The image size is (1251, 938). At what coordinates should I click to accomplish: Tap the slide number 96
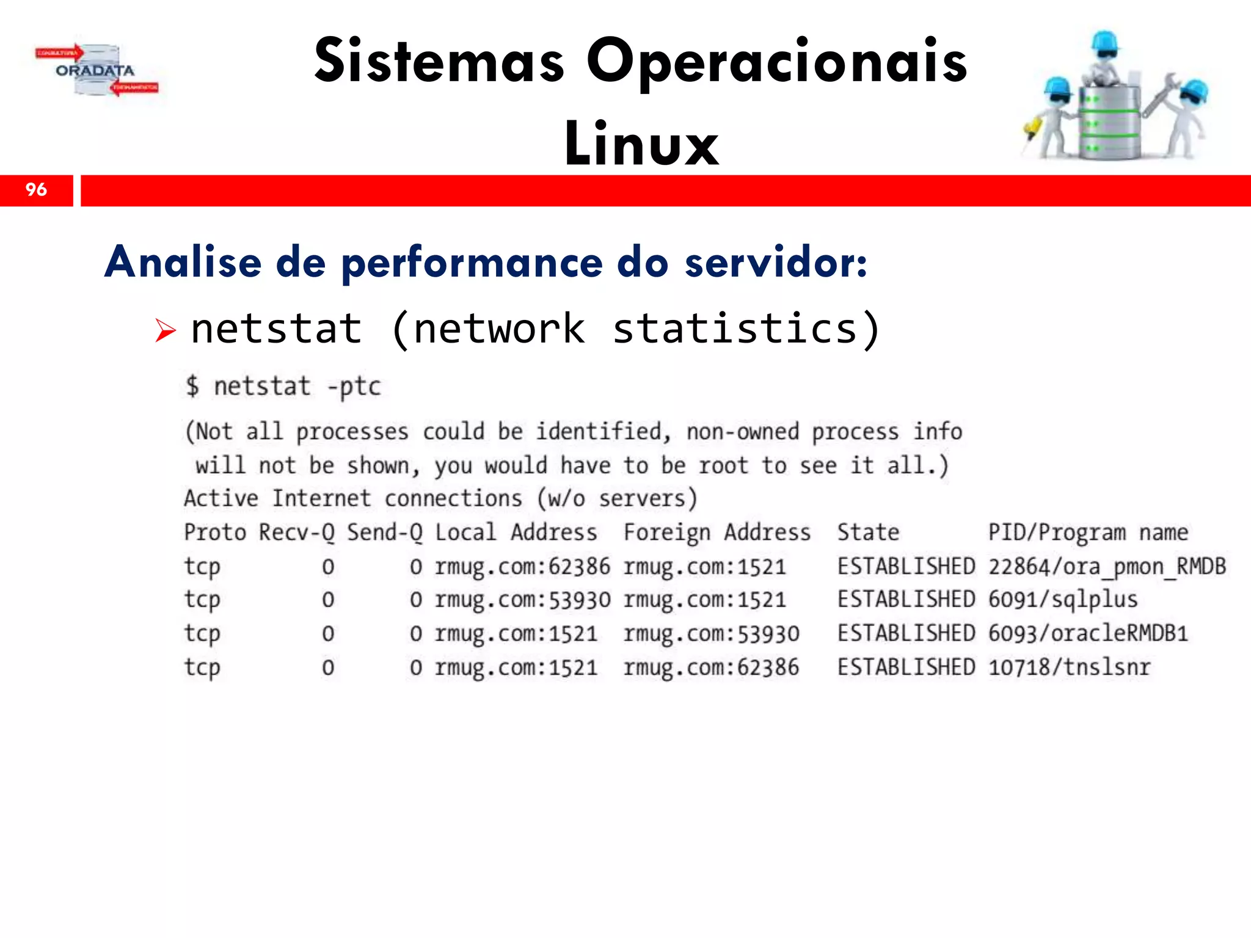[x=36, y=190]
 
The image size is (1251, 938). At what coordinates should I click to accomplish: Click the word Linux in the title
[x=641, y=144]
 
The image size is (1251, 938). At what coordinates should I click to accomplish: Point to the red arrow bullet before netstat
[x=164, y=330]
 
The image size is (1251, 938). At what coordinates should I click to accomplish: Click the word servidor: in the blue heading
[x=775, y=263]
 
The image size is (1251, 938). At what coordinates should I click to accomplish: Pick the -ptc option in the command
[x=354, y=387]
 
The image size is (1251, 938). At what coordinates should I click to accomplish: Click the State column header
[x=868, y=533]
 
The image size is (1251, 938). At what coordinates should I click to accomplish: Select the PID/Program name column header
[x=1088, y=533]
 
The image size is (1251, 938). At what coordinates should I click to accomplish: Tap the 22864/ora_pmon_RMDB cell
[x=1107, y=567]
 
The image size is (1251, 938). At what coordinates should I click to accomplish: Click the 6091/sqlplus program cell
[x=1063, y=600]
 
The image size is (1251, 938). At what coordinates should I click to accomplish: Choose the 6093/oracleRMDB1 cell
[x=1088, y=633]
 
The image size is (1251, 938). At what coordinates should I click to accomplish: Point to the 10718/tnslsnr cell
[x=1069, y=667]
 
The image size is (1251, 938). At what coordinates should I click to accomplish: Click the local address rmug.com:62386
[x=522, y=567]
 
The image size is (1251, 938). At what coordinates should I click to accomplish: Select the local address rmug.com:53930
[x=522, y=600]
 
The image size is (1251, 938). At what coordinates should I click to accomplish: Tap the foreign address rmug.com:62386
[x=711, y=667]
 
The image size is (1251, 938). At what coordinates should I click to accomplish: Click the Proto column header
[x=215, y=533]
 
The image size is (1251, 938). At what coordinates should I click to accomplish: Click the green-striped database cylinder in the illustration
[x=1109, y=122]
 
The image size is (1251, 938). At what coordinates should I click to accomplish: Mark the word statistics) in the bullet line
[x=746, y=329]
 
